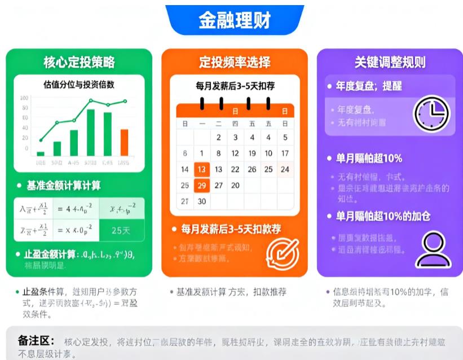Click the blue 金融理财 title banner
(x=234, y=20)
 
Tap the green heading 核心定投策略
(x=79, y=62)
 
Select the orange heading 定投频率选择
(x=234, y=62)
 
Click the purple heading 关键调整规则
(x=390, y=62)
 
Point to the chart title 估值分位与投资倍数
(x=79, y=85)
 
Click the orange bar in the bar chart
(x=124, y=142)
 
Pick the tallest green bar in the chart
(x=90, y=132)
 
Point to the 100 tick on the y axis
(x=24, y=98)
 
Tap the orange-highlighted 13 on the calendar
(x=202, y=169)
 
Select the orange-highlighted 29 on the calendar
(x=202, y=185)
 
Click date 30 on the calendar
(x=202, y=201)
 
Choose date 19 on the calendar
(x=252, y=153)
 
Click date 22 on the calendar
(x=235, y=169)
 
